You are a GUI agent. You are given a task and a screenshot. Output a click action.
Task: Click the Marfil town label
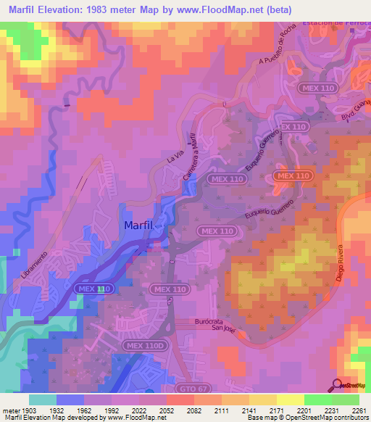tap(137, 226)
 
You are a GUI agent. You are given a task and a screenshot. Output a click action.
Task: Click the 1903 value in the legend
tap(29, 410)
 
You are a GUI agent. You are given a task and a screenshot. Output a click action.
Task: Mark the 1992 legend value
tap(111, 410)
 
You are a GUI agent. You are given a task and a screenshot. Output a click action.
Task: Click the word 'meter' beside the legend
tap(10, 410)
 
